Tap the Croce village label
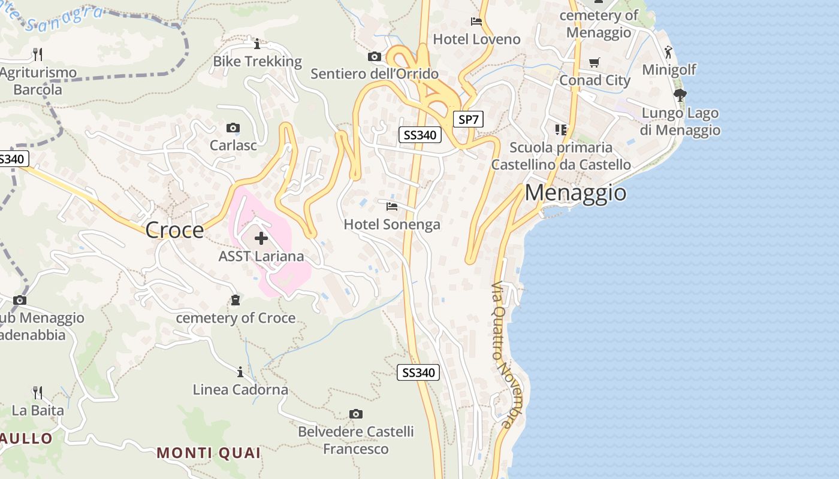point(174,230)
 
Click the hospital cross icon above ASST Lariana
point(261,238)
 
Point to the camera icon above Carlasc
point(233,128)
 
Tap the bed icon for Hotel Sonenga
point(392,207)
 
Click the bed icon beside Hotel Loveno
point(476,22)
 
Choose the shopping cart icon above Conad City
point(594,62)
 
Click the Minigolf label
point(669,69)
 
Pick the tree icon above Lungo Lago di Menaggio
point(680,95)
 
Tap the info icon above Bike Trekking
point(257,44)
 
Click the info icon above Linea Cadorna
point(240,372)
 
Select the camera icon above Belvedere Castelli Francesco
point(356,414)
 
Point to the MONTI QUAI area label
point(209,453)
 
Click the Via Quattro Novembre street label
point(502,354)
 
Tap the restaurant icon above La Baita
point(38,393)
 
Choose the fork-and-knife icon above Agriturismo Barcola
point(38,54)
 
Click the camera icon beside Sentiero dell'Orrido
point(375,57)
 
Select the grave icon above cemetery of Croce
point(236,300)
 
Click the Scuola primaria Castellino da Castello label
point(561,156)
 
